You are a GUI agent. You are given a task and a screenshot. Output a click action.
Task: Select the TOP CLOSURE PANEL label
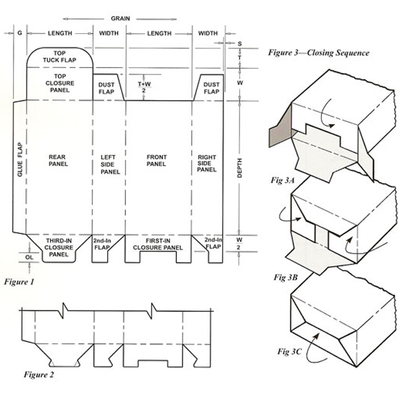(59, 84)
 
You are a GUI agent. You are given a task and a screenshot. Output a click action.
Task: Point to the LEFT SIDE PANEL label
(109, 164)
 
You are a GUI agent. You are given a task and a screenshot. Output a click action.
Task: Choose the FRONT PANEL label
(157, 161)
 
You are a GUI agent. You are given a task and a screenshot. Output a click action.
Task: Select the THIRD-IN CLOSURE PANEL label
(59, 247)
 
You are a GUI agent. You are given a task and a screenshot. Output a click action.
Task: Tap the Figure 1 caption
(22, 281)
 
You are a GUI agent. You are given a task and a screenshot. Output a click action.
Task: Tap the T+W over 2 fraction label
(142, 88)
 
